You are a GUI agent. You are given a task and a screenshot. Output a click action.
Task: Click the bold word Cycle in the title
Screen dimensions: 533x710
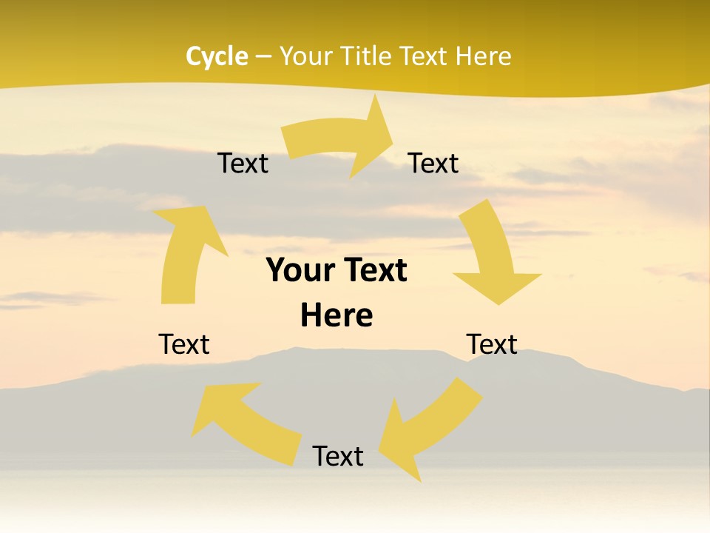(216, 56)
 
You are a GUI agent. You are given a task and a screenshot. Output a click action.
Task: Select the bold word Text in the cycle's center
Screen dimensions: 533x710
(373, 271)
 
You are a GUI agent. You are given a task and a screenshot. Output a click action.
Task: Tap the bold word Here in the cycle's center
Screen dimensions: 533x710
(337, 315)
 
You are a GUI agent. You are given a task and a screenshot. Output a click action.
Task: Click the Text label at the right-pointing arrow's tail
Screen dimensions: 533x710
(243, 164)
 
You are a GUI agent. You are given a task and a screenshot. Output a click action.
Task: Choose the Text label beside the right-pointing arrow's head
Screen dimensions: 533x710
(433, 164)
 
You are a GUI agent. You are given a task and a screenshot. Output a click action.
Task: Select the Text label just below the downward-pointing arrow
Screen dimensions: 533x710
(492, 344)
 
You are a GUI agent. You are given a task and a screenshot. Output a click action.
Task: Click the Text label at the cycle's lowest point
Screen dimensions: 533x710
(338, 456)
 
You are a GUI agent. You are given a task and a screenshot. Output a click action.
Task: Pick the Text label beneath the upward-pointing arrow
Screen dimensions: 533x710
(184, 344)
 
